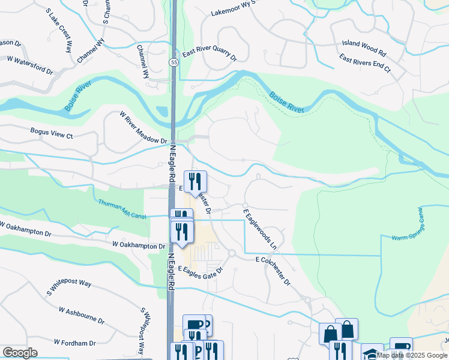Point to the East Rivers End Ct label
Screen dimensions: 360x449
(x=364, y=63)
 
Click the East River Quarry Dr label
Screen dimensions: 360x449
(x=209, y=55)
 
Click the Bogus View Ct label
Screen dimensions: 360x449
(x=52, y=133)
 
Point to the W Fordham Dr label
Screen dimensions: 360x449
(x=75, y=343)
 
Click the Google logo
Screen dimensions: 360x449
(x=20, y=353)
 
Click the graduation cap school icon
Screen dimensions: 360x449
(x=372, y=352)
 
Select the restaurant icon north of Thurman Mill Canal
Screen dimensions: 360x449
(x=195, y=180)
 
